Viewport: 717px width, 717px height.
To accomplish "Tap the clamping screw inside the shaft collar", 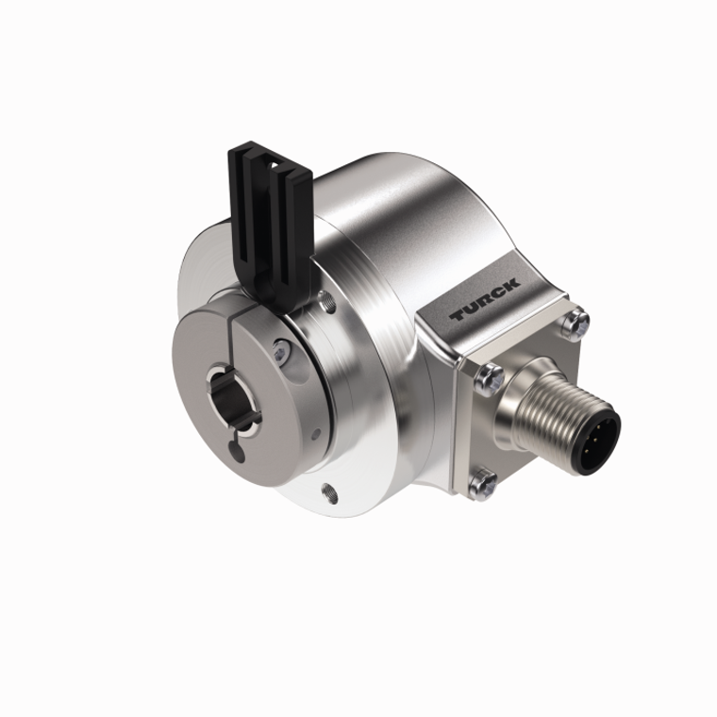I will click(x=280, y=351).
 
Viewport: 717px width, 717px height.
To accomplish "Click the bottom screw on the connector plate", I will click(x=483, y=484).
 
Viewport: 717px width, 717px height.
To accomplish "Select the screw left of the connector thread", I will click(x=489, y=378).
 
